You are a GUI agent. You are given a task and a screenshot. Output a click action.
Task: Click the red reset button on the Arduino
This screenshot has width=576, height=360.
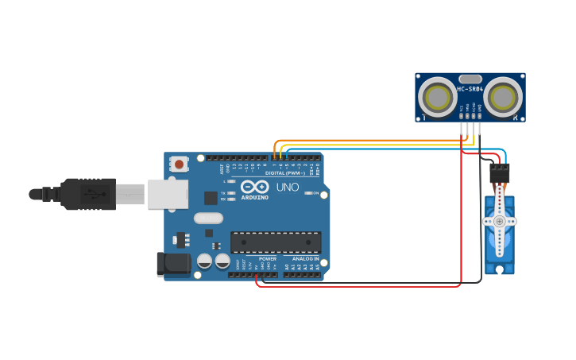pos(180,165)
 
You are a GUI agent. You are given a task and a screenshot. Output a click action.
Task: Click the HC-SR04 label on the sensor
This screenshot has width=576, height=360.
pos(470,89)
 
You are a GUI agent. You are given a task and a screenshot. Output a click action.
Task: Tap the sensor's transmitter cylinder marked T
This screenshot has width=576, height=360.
pos(437,98)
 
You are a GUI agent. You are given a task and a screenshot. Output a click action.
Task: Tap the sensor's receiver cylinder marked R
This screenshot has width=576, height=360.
pos(504,98)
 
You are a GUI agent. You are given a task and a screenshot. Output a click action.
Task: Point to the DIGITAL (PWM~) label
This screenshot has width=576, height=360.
pos(285,173)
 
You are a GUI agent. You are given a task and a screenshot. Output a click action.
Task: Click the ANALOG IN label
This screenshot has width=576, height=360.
pos(305,258)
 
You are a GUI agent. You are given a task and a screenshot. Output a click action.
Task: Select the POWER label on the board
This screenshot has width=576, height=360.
pos(267,258)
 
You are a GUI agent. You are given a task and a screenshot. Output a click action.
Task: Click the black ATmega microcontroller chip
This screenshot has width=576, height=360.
pos(276,242)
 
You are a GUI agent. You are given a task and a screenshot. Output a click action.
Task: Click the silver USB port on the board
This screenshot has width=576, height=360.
pos(168,194)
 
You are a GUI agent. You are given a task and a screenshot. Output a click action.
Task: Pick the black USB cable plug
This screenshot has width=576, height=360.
pos(89,194)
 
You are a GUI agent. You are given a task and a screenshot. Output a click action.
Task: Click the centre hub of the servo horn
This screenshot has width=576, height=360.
pos(499,221)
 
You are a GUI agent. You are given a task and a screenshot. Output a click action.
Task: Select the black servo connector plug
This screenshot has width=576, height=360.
pos(500,172)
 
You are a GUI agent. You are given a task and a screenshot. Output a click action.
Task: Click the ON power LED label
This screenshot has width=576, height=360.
pos(315,193)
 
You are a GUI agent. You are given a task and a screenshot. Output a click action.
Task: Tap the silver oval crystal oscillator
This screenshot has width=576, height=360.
pos(208,218)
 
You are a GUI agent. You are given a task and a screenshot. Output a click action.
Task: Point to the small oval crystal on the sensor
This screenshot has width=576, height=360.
pos(470,79)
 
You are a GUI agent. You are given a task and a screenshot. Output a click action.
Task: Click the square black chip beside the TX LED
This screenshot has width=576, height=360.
pos(211,198)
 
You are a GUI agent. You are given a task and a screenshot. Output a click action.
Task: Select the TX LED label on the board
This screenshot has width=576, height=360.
pos(223,193)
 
